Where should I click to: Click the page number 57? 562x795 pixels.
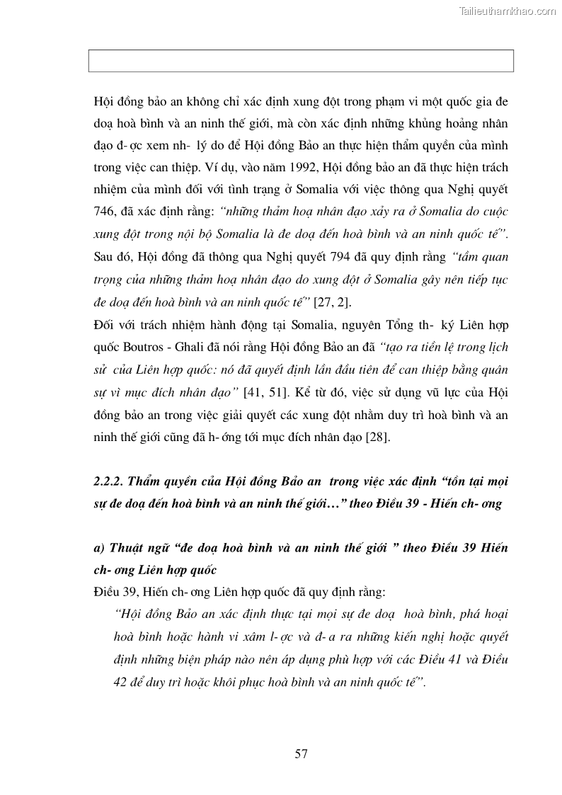301,754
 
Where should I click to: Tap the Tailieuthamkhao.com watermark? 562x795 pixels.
508,11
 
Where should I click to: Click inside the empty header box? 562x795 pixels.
301,61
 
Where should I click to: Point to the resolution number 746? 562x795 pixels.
105,212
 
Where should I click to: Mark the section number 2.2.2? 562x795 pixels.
107,481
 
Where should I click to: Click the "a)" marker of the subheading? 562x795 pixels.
99,549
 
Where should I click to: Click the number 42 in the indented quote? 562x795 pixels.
122,681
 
